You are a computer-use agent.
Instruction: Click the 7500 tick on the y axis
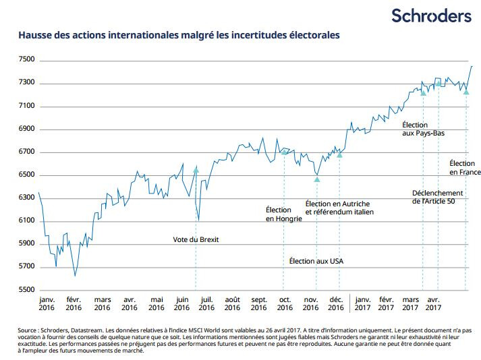pos(28,61)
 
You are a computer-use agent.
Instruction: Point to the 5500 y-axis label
pos(28,290)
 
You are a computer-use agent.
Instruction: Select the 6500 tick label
pos(28,175)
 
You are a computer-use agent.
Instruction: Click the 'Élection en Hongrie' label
pos(283,214)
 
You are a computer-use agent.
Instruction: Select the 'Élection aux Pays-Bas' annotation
pos(423,129)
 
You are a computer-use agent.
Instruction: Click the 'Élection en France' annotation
pos(462,168)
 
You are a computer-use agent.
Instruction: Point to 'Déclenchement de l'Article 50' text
pos(438,197)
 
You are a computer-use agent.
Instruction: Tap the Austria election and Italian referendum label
pos(339,208)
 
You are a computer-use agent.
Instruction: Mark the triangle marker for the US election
pos(316,179)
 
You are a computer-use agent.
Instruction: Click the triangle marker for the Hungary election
pos(284,152)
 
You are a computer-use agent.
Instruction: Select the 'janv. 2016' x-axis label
pos(47,303)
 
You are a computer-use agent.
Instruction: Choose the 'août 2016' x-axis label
pos(232,303)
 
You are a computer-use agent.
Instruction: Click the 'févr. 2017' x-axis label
pos(387,303)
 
